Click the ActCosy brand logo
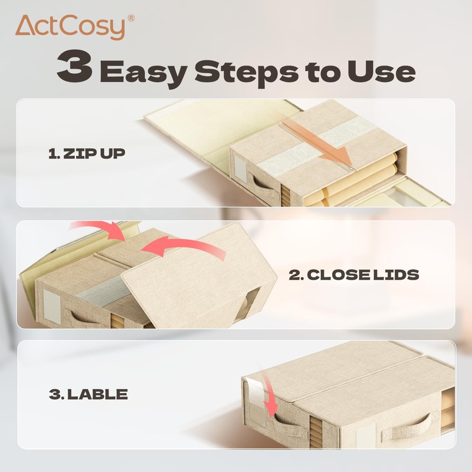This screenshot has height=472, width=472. pos(70,27)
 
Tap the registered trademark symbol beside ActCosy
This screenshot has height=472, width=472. pos(130,18)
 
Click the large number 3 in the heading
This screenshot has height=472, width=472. pos(74,69)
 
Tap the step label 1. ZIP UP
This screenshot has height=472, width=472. pos(86,155)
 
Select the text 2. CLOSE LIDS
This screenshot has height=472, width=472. pos(354,274)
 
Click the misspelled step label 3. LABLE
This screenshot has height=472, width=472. pos(88,394)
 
